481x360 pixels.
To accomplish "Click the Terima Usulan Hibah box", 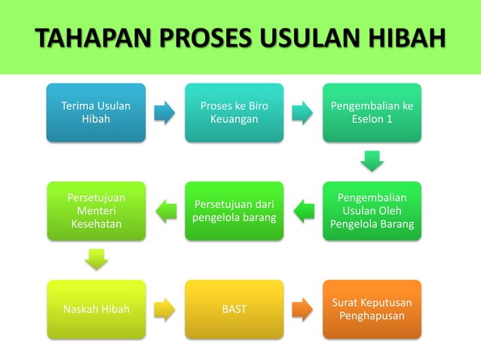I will pos(96,113).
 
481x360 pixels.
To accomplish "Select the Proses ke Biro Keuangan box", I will pos(234,113).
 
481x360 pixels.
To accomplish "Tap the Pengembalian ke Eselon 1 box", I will pos(372,113).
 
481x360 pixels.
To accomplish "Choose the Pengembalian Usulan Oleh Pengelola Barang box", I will pos(372,211).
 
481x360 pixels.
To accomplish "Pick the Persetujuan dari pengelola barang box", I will pos(234,211).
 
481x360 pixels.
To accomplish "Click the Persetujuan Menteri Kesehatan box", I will pos(96,211).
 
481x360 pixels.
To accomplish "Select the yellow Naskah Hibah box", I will pos(96,309).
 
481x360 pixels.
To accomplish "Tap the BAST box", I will pos(234,309).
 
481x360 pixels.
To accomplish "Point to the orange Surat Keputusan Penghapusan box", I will pos(372,309).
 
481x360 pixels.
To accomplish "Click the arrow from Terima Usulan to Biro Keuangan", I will pos(164,113).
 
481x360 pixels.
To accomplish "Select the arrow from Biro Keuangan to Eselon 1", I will pos(302,113).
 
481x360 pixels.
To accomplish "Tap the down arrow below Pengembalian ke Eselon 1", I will pos(372,161).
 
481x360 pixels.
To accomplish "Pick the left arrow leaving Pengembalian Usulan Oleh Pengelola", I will pos(302,211).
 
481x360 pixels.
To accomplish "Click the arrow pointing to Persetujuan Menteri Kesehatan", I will pos(164,211).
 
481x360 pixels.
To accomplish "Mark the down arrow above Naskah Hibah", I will pos(96,260).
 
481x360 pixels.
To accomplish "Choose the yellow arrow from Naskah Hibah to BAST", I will pos(164,309).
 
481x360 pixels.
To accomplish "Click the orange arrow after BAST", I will pos(302,309).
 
